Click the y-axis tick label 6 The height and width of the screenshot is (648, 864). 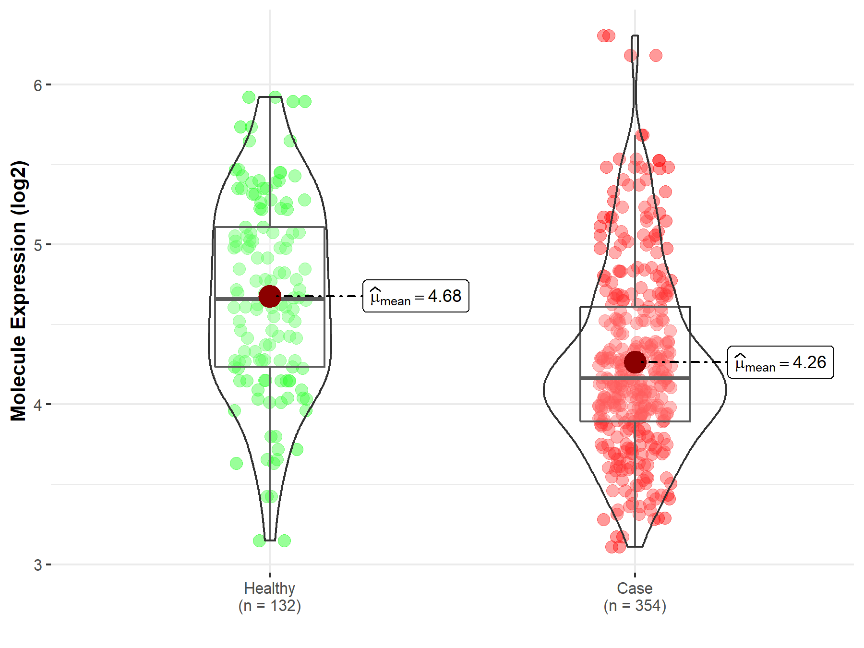pos(37,85)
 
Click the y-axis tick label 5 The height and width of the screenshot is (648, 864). pos(37,245)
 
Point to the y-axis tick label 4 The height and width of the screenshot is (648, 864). pos(37,405)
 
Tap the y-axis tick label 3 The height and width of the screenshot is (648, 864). pos(37,565)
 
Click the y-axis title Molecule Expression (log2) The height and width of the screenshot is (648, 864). pos(18,291)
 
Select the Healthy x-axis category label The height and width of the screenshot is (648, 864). pos(269,588)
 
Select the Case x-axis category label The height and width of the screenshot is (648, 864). pos(635,588)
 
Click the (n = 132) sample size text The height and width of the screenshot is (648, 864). pos(269,606)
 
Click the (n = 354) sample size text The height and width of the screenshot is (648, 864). pos(635,606)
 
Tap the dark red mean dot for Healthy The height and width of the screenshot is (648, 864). pos(270,296)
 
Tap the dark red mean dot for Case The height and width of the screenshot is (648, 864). pos(635,362)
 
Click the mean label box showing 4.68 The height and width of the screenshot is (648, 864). pos(416,296)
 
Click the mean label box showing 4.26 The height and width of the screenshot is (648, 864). pos(780,362)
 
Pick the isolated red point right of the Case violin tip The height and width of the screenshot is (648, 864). pos(656,56)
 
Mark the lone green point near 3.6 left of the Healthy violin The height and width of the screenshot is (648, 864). pos(236,463)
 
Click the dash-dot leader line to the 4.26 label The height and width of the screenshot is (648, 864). pos(686,362)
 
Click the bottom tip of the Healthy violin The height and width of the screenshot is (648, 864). pos(270,540)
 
